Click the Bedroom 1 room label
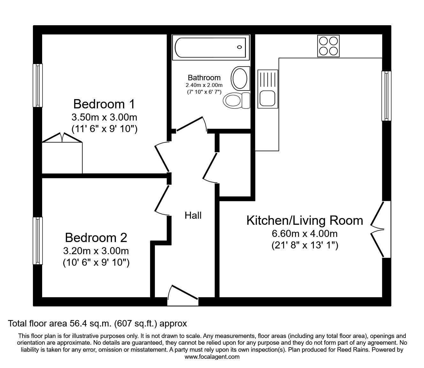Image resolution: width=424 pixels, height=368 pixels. [104, 104]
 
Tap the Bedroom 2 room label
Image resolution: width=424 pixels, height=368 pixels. [96, 238]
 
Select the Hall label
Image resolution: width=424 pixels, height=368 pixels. [193, 215]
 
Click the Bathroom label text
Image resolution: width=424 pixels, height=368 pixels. [204, 78]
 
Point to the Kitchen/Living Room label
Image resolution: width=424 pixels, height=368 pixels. [305, 221]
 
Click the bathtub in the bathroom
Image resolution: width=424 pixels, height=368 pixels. [210, 48]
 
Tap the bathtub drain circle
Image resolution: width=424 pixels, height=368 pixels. [239, 47]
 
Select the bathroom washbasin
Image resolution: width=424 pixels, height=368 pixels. [240, 78]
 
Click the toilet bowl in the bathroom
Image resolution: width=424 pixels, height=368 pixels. [232, 101]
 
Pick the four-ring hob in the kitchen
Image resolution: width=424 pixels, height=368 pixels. [328, 46]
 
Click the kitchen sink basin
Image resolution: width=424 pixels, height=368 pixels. [267, 98]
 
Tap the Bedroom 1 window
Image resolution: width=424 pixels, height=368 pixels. [38, 85]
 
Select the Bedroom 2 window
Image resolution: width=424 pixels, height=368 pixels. [38, 241]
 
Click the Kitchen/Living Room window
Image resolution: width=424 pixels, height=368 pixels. [386, 96]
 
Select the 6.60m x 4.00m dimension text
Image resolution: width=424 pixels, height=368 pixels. [305, 234]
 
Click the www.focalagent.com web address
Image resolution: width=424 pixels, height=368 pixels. [212, 357]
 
